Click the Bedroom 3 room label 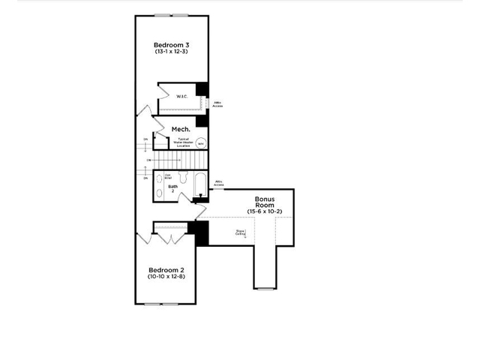(x=172, y=45)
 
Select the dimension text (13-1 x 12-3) (x=172, y=52)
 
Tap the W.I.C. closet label (x=181, y=97)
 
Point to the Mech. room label (x=181, y=129)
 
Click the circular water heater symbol (x=201, y=142)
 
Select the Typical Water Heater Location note (x=183, y=141)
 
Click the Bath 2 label (x=172, y=188)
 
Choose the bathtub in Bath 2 (x=199, y=184)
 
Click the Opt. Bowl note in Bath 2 (x=158, y=177)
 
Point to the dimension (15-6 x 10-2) (x=264, y=211)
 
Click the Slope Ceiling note (x=241, y=232)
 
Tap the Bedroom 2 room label (x=166, y=270)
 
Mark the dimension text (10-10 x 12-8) (x=166, y=277)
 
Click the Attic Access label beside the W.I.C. (x=218, y=104)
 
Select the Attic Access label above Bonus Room (x=219, y=182)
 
